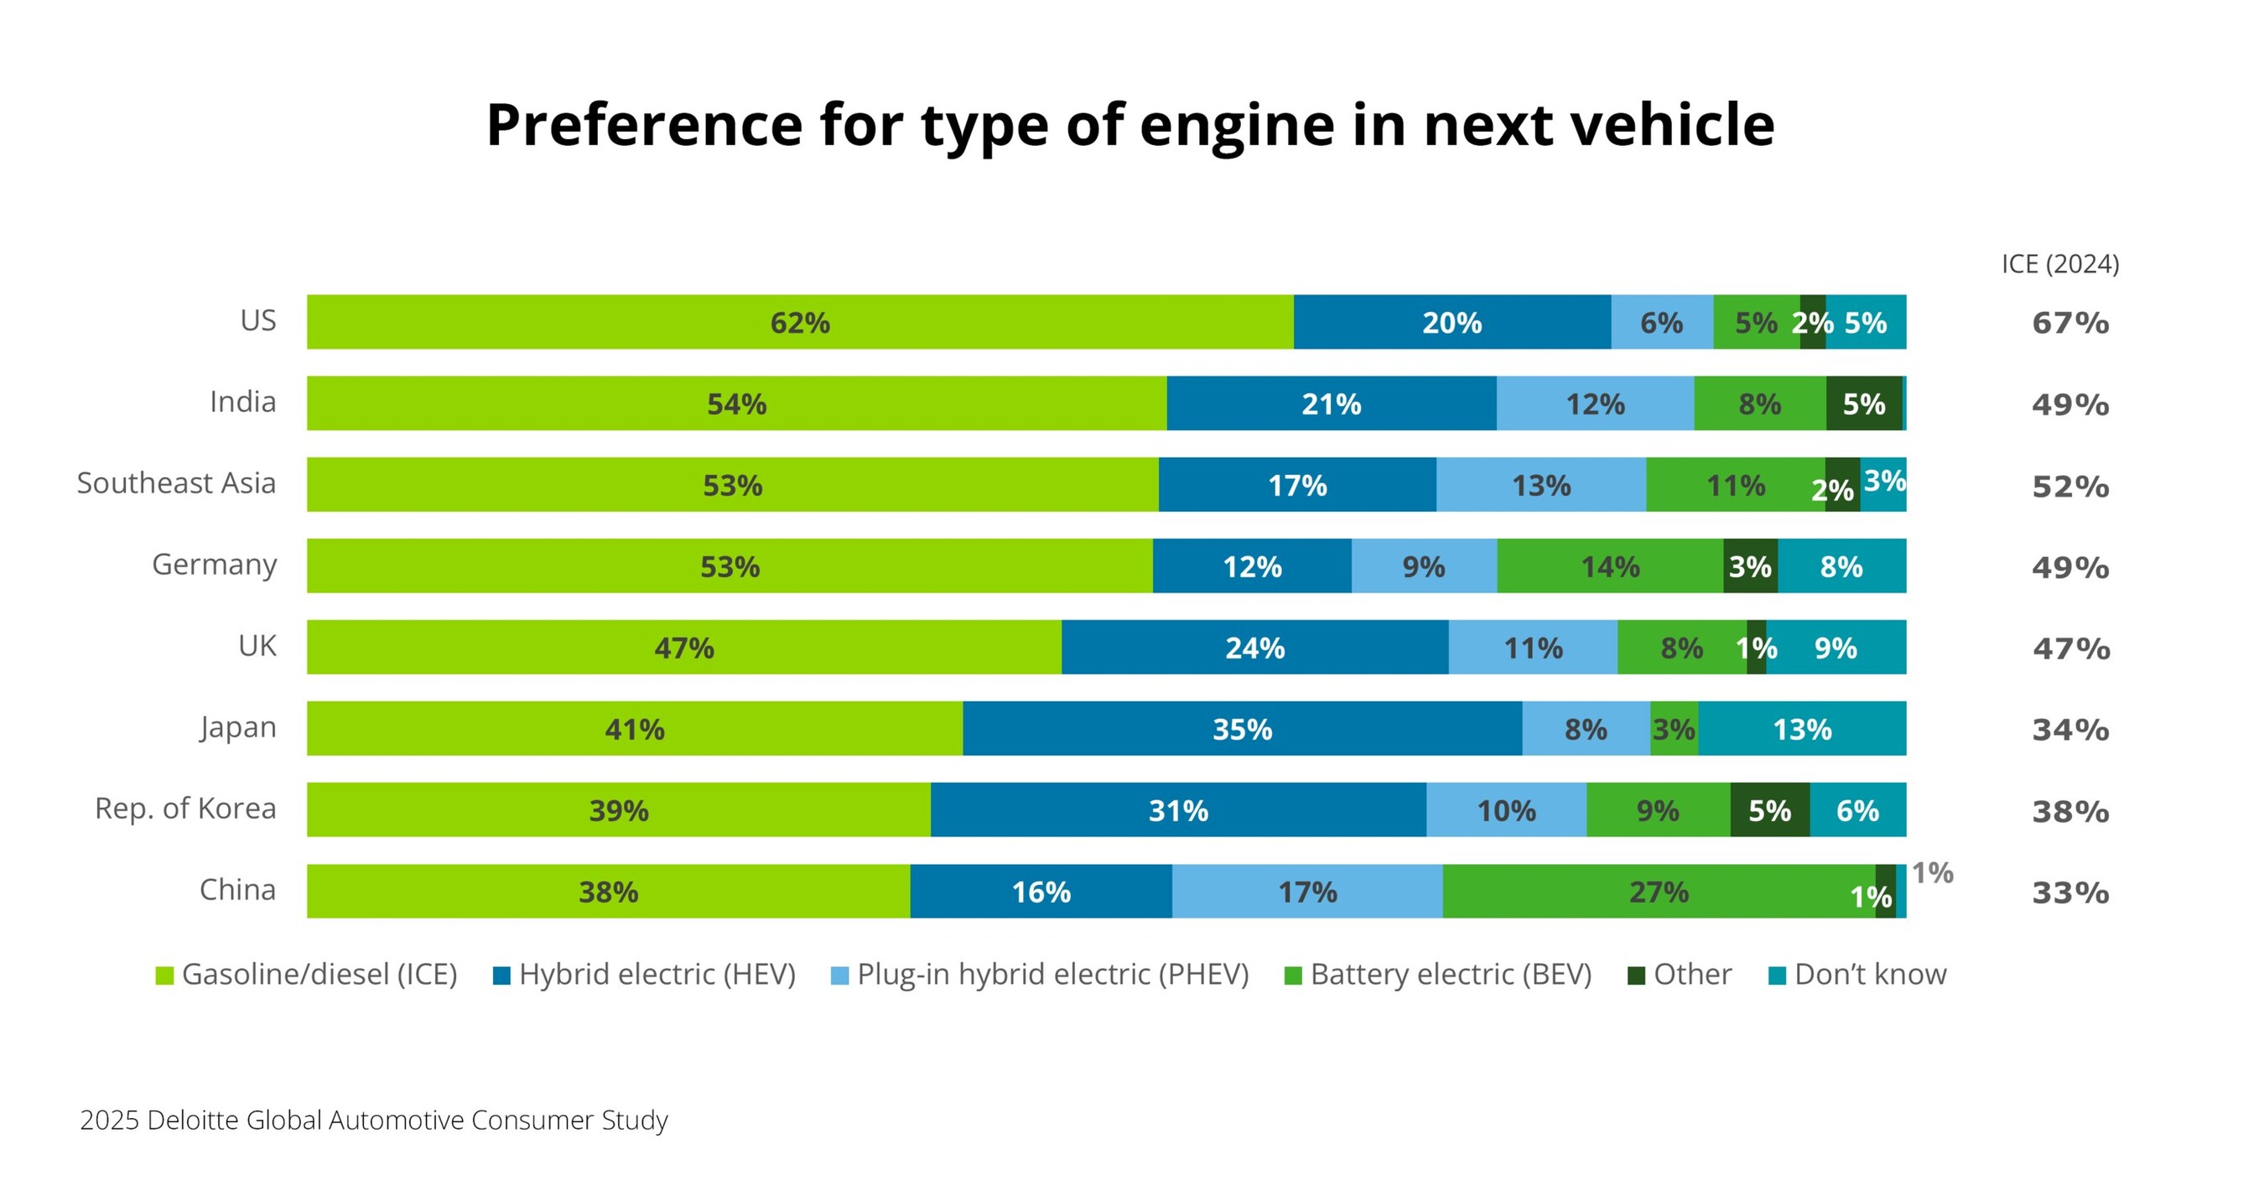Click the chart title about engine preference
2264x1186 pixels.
1130,124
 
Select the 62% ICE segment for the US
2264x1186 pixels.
800,322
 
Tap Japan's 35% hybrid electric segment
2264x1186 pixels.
1242,728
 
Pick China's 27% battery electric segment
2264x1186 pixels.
1659,892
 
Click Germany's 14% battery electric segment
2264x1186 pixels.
1609,566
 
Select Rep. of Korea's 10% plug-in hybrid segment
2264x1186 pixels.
1505,809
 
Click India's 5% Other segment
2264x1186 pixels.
1863,403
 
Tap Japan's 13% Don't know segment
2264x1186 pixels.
1802,728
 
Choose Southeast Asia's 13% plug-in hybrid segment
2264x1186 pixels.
1540,485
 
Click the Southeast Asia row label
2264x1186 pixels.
177,482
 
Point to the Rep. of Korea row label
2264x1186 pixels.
185,808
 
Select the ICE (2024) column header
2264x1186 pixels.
2060,263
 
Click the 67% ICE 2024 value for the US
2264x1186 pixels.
2069,323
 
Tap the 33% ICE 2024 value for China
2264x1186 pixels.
2069,892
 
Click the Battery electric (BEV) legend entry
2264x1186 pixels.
1438,974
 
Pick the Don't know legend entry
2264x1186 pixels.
1858,974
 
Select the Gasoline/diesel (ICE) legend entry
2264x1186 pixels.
307,974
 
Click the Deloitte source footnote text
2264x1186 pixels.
373,1119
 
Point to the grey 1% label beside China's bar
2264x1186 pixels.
1932,872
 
